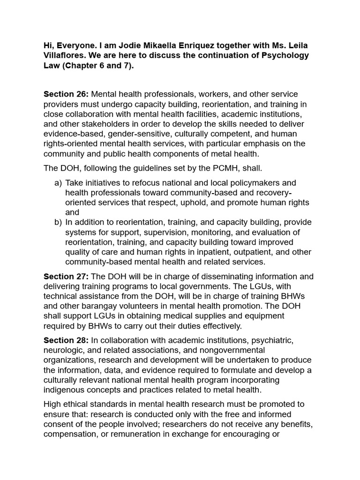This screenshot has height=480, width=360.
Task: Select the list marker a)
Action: point(58,182)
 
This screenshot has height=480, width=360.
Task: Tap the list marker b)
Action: point(58,222)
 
